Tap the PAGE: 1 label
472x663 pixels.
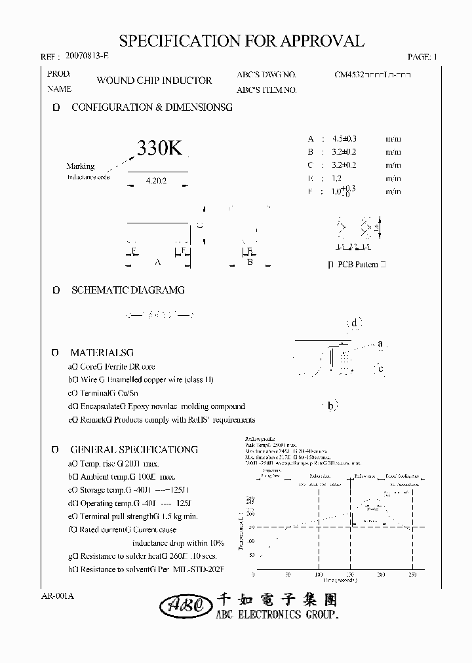422,58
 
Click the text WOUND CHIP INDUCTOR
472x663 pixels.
154,81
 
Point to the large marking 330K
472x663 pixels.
159,149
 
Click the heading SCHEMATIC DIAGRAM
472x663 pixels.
128,290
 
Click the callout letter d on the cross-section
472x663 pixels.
354,322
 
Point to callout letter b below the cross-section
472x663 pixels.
331,407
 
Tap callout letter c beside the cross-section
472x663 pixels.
380,369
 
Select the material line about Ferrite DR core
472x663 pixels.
111,367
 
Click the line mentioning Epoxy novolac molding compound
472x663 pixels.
157,407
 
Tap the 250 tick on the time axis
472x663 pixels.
412,574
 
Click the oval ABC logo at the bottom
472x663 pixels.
185,607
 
